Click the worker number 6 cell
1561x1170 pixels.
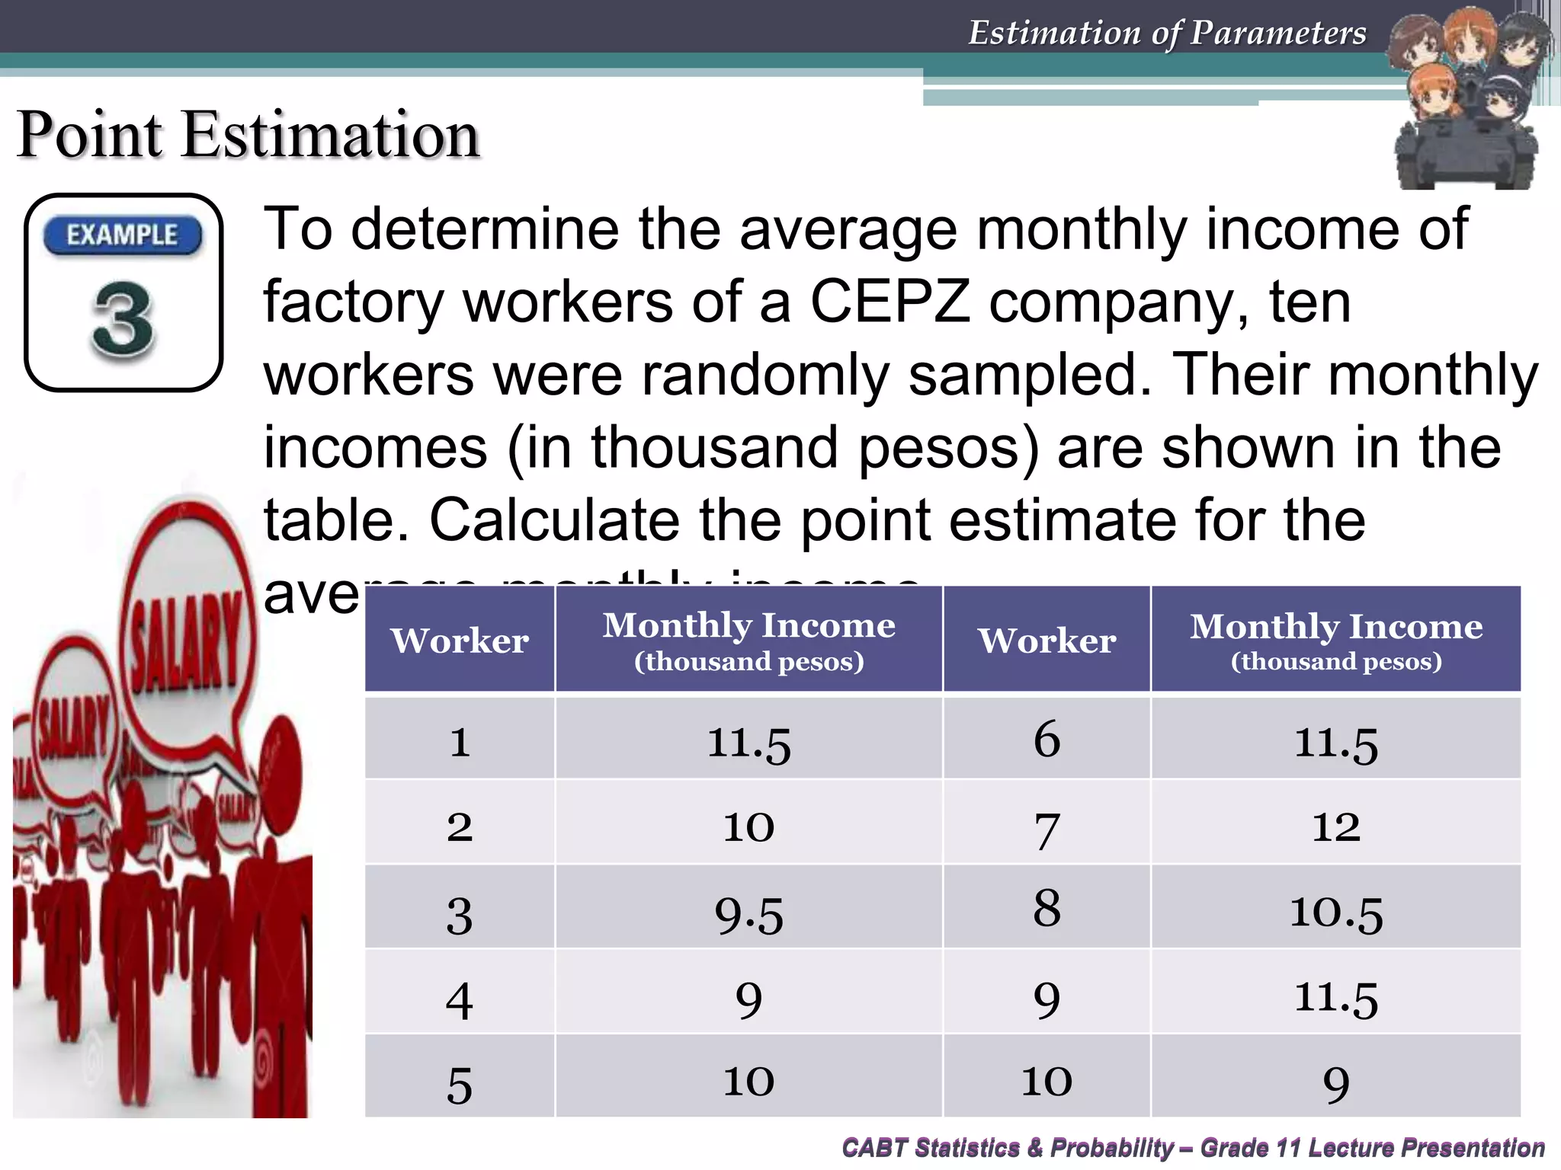click(1047, 739)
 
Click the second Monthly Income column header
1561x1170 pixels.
click(1335, 640)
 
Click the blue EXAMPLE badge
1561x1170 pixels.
click(123, 235)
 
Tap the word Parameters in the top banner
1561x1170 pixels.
click(1278, 33)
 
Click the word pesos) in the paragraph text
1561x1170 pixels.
click(948, 448)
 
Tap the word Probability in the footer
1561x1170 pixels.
click(1111, 1147)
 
